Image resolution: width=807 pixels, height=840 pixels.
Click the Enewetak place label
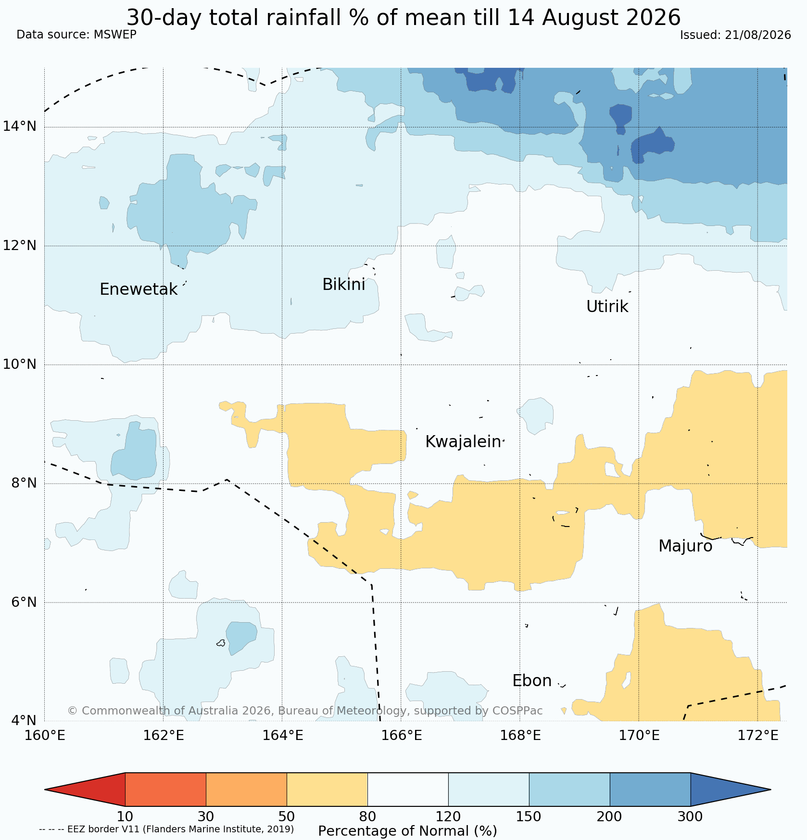(139, 289)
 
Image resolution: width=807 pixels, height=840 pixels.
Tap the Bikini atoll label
(343, 285)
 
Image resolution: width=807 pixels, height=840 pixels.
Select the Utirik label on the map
(607, 306)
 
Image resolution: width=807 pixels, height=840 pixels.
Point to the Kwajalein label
(463, 442)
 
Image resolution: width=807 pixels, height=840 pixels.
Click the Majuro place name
(685, 546)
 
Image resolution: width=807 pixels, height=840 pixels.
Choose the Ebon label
(532, 681)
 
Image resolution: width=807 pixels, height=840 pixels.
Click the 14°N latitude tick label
(19, 126)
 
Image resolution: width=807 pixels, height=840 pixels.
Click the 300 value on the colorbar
(690, 817)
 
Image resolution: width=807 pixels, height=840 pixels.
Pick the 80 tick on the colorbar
(367, 817)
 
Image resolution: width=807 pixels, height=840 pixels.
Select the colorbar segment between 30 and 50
(246, 790)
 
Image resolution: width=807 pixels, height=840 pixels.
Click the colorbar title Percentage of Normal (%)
(407, 831)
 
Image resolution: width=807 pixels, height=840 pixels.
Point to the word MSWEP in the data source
(115, 35)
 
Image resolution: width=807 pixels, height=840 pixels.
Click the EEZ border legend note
(166, 829)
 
